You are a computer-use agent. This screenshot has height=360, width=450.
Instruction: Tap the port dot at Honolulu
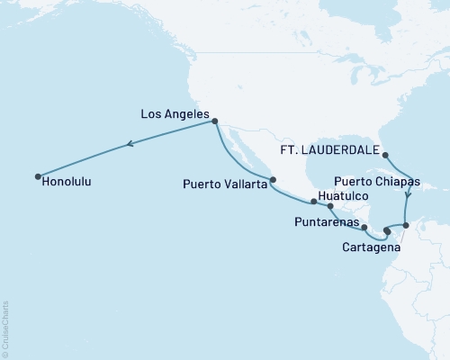pos(38,175)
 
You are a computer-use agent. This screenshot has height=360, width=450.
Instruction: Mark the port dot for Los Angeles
pos(215,121)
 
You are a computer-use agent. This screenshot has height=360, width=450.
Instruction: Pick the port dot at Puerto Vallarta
pos(273,178)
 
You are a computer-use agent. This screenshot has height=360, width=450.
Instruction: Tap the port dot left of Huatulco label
pos(313,202)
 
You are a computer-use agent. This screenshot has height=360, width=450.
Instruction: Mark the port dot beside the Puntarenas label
pos(364,227)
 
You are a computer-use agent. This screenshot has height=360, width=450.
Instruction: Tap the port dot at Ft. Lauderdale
pos(384,154)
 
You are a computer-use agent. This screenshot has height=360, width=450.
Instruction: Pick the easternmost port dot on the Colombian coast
pos(406,225)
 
